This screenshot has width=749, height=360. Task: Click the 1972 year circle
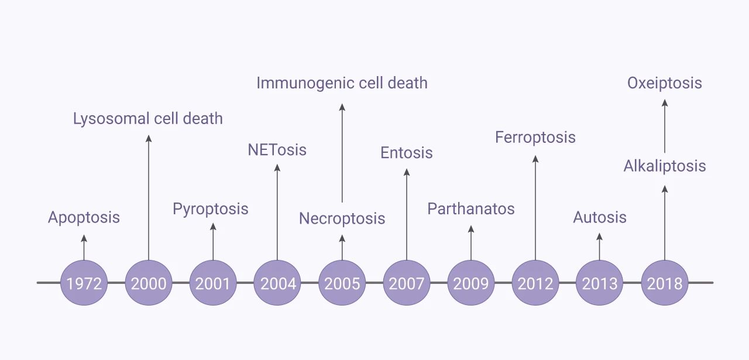click(x=84, y=283)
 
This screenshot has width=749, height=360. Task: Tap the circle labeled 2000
click(x=149, y=283)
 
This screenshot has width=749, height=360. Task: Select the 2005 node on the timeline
click(x=342, y=283)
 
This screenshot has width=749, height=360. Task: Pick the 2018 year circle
click(x=665, y=283)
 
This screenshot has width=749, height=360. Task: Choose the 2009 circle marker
click(x=471, y=283)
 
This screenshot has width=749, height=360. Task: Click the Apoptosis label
click(x=84, y=218)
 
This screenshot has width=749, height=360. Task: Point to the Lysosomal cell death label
click(x=148, y=119)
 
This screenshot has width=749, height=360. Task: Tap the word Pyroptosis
click(x=211, y=209)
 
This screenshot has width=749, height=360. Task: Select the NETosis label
click(x=277, y=150)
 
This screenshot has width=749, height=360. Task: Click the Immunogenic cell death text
click(x=342, y=83)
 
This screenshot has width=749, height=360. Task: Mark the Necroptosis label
click(x=342, y=219)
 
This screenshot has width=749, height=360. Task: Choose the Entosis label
click(x=407, y=153)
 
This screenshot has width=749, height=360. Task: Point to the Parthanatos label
click(x=471, y=209)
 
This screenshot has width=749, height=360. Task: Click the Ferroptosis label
click(x=535, y=138)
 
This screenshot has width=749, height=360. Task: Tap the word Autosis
click(x=600, y=218)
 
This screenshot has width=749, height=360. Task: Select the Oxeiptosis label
click(x=665, y=83)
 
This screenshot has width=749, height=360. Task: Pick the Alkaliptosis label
click(x=665, y=166)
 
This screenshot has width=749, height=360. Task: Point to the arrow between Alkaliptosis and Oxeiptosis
click(x=665, y=126)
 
